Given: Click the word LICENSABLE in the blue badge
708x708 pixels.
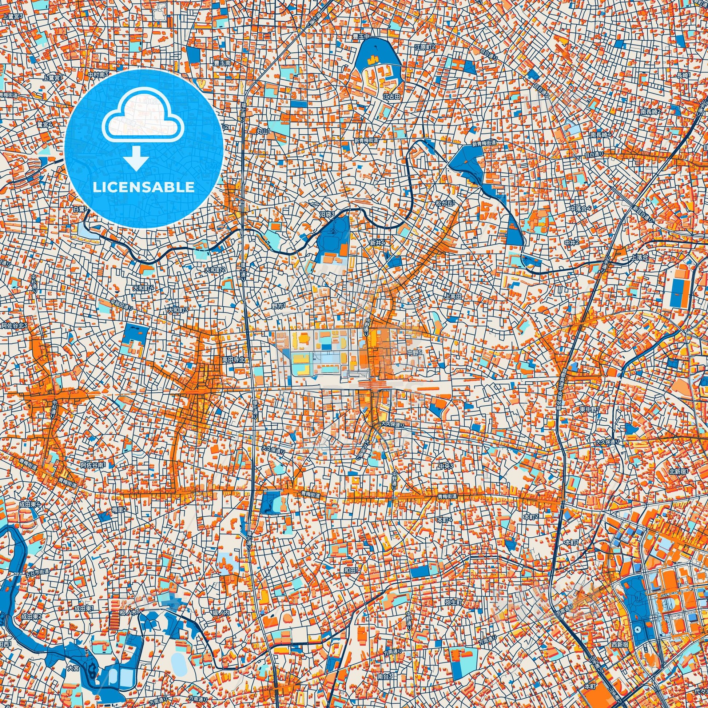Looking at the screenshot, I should coord(144,187).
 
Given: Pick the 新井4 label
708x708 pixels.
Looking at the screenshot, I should coord(377,243).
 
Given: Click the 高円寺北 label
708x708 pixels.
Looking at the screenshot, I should coord(233,360).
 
